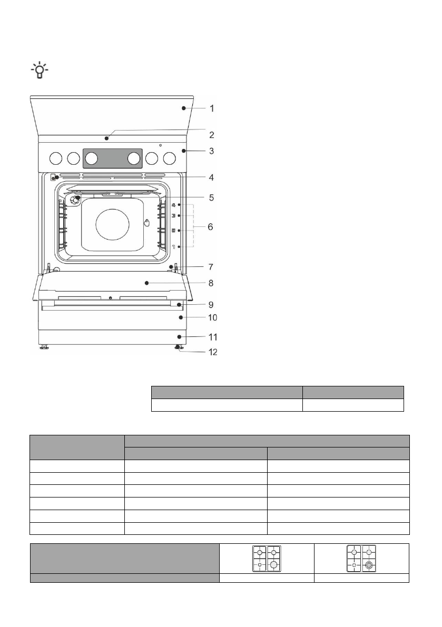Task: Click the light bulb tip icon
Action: (40, 70)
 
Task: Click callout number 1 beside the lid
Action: (212, 108)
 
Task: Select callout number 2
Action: (212, 135)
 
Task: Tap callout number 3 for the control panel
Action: (212, 151)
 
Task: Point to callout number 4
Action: (212, 177)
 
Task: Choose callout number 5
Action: (212, 198)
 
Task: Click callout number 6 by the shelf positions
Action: (210, 227)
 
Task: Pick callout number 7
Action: (211, 267)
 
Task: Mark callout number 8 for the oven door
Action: (211, 283)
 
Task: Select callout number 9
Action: (211, 305)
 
